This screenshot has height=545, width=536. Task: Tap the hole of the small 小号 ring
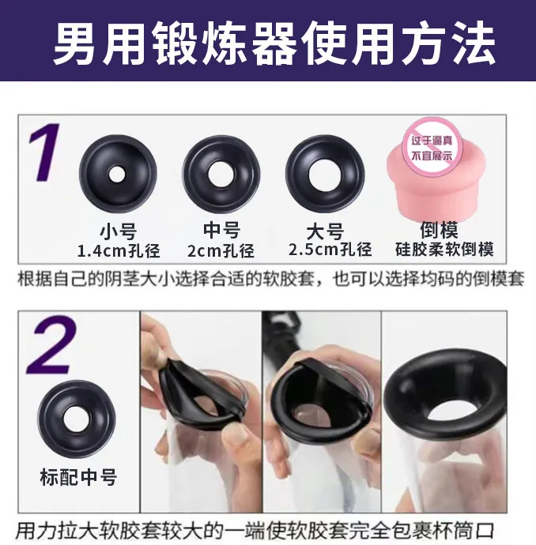coord(116,174)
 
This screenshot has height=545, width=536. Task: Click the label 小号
coord(118,231)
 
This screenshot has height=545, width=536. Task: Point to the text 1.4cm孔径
coord(119,251)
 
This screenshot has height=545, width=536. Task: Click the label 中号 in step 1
coord(221,231)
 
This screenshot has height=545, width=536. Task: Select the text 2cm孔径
coord(221,250)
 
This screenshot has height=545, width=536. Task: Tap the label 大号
coord(325,231)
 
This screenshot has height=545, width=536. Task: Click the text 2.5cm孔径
coord(330,250)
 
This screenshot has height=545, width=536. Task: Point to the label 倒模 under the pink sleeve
coord(439,229)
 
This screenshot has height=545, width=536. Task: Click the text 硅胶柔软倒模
coord(444,250)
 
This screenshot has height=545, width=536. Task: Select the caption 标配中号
coord(78,477)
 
